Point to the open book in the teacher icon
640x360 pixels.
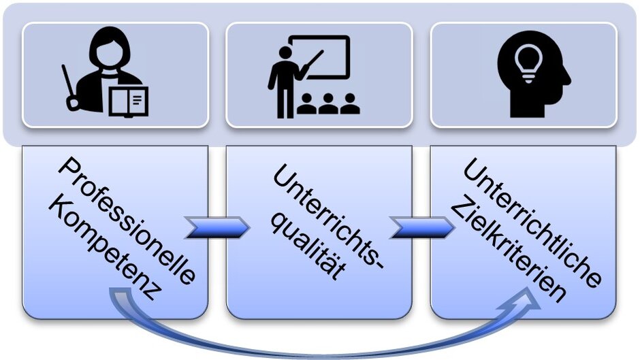pos(129,99)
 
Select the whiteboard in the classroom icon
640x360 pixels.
pos(319,58)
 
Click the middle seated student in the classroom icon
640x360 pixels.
pos(329,103)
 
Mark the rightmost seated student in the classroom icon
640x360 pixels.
pos(350,103)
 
